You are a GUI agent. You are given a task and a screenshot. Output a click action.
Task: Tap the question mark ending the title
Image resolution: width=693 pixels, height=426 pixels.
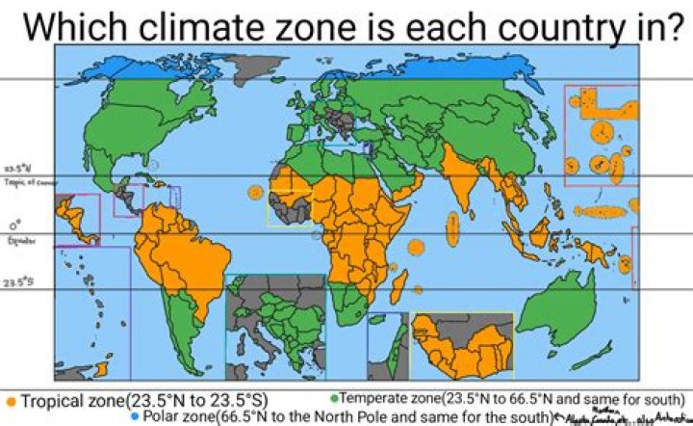pos(673,25)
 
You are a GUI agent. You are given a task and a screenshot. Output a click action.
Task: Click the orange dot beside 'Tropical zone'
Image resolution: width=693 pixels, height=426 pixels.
pos(11,400)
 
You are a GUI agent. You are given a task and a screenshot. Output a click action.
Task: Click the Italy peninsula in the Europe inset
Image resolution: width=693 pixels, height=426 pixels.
pos(264,349)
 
